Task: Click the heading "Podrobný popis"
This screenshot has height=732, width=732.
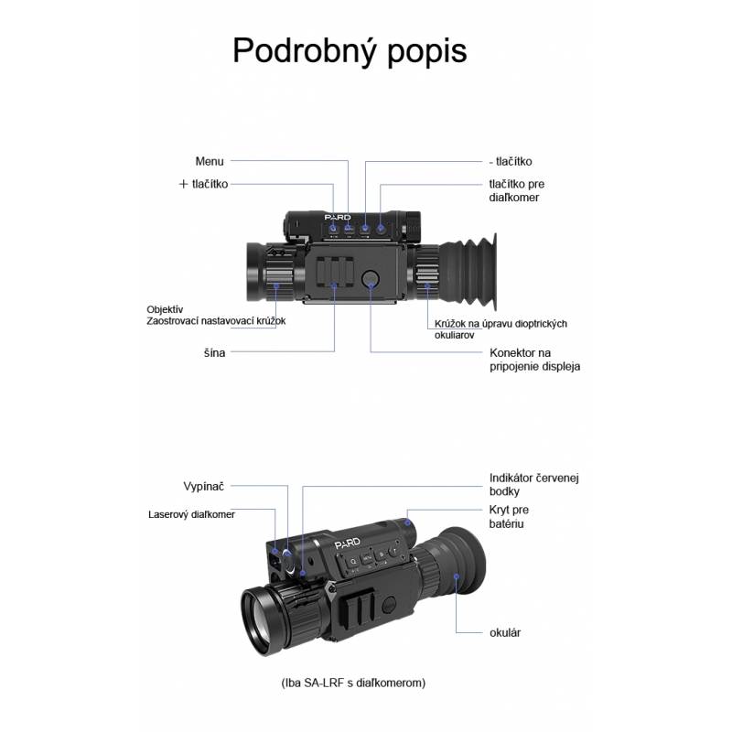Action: tap(350, 51)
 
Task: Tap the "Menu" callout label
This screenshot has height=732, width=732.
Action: tap(210, 162)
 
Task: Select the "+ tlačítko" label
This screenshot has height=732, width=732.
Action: tap(203, 184)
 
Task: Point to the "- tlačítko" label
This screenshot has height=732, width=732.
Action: tap(511, 162)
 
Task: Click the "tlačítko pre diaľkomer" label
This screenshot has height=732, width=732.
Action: tap(517, 190)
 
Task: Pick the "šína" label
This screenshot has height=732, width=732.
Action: tap(214, 353)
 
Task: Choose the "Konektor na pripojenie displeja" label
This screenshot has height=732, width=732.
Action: tap(535, 360)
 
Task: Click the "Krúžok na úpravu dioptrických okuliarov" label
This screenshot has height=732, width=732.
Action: tap(501, 329)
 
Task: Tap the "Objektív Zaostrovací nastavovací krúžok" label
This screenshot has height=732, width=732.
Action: tap(216, 315)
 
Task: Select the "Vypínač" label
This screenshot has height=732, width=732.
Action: tap(203, 487)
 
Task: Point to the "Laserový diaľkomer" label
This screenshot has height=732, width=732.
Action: tap(191, 514)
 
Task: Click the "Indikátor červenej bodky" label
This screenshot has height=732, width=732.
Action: tap(534, 485)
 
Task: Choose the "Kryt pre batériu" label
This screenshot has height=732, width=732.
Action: tap(509, 517)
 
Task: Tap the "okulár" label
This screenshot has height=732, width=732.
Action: tap(505, 633)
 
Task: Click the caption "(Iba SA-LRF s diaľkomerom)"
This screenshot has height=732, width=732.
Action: tap(353, 683)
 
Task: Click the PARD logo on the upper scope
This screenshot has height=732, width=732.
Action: tap(338, 218)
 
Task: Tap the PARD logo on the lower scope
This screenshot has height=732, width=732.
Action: tap(348, 543)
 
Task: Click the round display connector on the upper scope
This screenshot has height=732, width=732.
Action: tap(371, 279)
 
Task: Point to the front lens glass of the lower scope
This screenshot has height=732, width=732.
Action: tap(264, 621)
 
